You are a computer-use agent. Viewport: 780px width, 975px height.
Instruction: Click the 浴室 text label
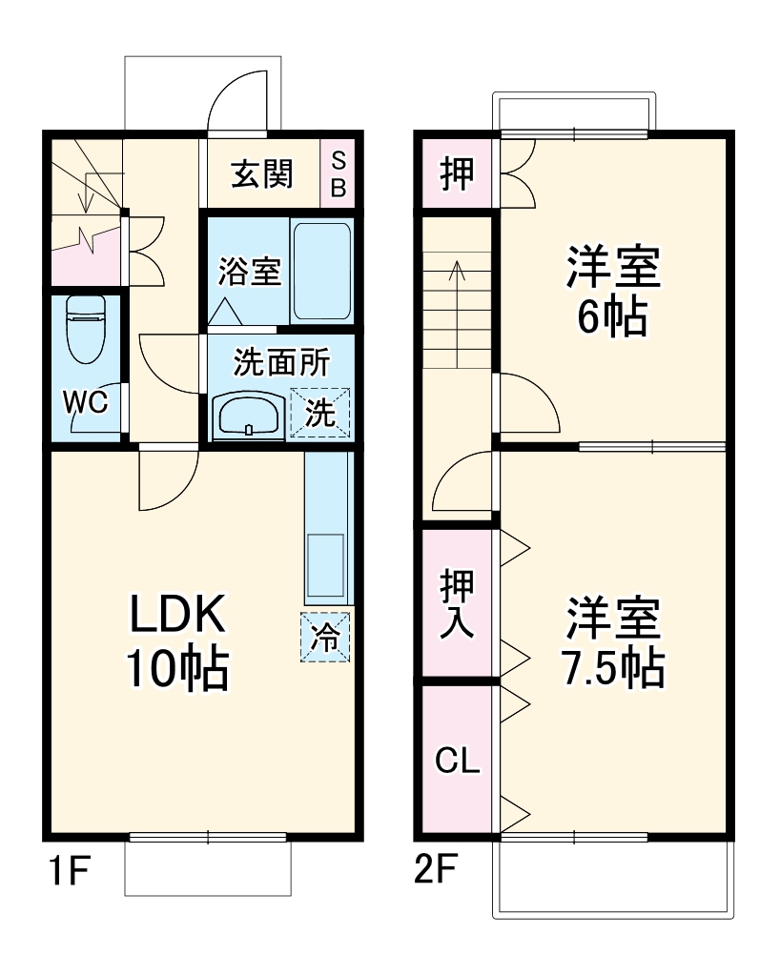click(249, 272)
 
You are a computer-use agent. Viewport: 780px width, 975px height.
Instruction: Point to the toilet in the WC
click(85, 328)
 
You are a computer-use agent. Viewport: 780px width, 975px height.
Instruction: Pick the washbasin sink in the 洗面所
click(248, 415)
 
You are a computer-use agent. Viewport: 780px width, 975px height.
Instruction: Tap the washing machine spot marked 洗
click(320, 414)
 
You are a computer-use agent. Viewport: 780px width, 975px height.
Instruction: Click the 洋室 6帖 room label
click(613, 291)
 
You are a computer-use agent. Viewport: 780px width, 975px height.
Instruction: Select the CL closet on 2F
click(459, 762)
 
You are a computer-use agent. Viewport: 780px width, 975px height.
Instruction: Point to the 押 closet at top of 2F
click(457, 174)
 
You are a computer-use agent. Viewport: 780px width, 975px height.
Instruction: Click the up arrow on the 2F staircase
click(458, 286)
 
